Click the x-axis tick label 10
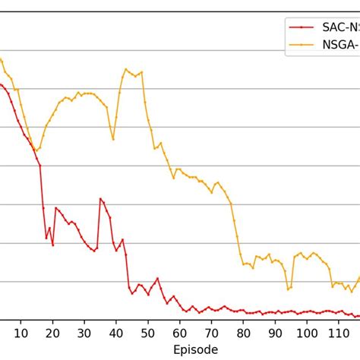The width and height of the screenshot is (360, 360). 21,333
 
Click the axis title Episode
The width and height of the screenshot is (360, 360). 195,349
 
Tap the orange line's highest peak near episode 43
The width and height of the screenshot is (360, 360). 125,69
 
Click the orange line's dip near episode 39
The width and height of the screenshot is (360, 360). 113,140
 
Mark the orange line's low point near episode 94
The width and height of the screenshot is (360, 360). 288,289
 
